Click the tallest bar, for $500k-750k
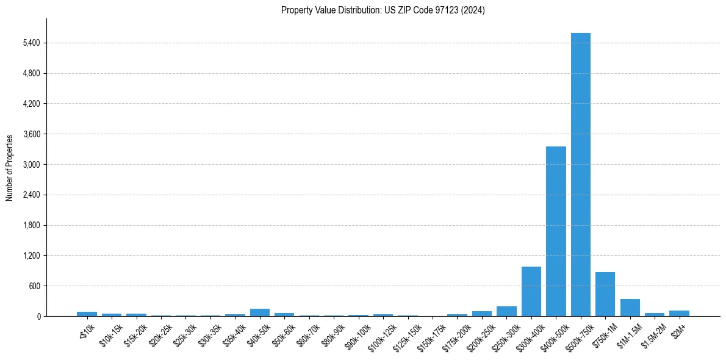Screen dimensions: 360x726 coord(580,175)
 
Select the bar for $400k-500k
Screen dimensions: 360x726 coord(556,231)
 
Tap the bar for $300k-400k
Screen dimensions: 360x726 coord(531,291)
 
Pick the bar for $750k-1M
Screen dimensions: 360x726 coord(605,294)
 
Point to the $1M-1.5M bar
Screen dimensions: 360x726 coord(630,308)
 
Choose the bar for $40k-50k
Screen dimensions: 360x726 coord(259,312)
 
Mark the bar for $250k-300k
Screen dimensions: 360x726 coord(506,311)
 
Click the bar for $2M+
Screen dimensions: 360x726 coord(679,313)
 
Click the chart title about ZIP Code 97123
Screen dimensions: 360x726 coord(383,10)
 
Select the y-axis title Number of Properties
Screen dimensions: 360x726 coord(10,168)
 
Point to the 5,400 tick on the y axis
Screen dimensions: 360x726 coord(31,43)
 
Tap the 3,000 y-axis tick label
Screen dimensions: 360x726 coord(31,165)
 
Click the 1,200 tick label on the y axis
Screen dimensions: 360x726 coord(31,256)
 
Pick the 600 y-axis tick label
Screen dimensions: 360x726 coord(34,286)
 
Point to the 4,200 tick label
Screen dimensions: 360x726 coord(31,104)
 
